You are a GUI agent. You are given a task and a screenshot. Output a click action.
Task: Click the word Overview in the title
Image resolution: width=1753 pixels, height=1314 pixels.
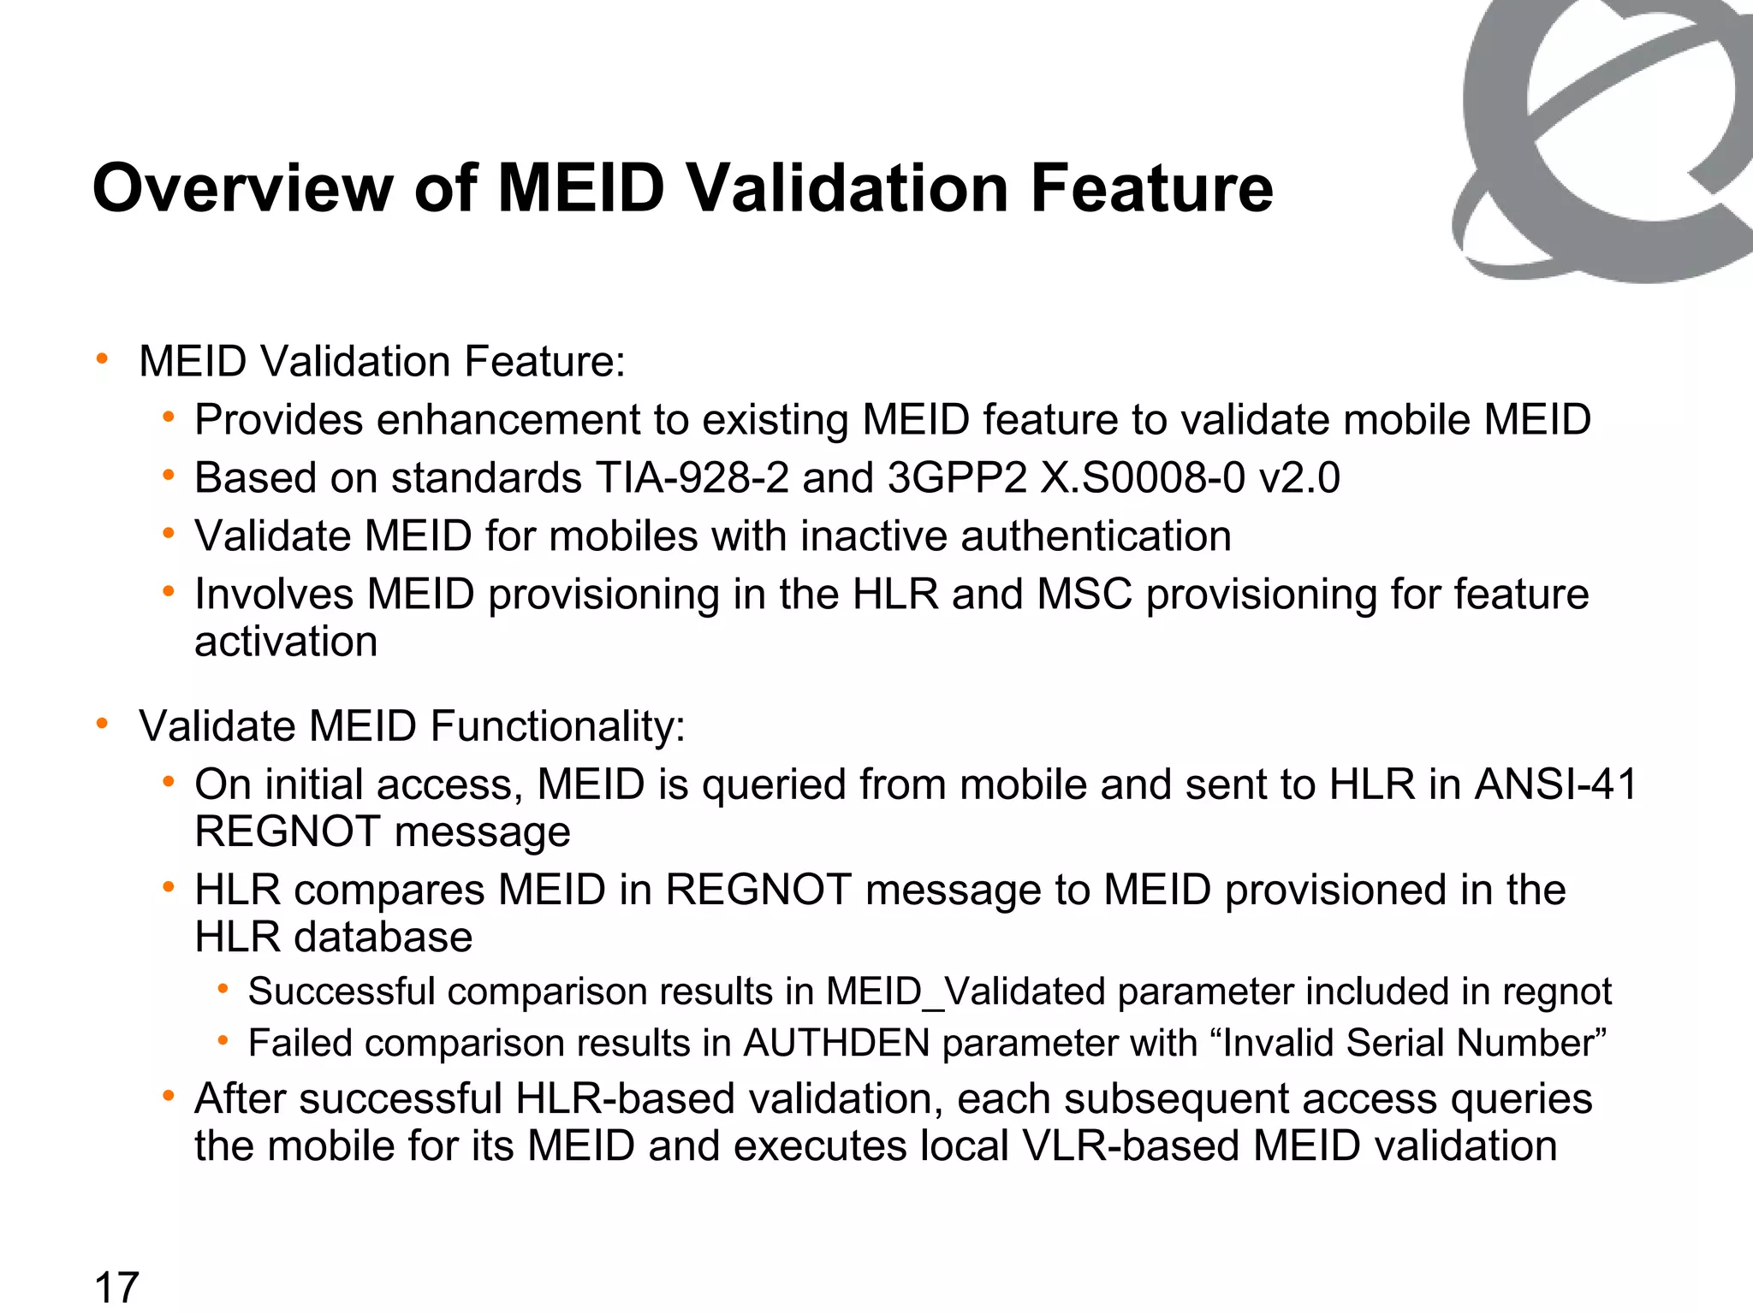click(x=241, y=188)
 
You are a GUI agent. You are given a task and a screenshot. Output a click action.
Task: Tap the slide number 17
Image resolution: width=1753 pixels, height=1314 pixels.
click(x=116, y=1287)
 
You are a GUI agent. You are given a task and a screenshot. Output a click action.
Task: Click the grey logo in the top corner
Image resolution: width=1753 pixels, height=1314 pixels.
click(x=1601, y=137)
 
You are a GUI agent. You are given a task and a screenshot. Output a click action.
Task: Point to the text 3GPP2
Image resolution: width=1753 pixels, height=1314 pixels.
click(x=957, y=477)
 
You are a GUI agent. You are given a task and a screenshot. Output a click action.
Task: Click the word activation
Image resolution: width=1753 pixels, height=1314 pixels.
click(x=286, y=642)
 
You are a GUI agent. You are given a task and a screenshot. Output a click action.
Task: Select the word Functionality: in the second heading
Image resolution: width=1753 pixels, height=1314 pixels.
click(x=557, y=726)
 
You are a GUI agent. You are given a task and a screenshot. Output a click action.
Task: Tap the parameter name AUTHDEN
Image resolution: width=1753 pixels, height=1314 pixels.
click(x=835, y=1043)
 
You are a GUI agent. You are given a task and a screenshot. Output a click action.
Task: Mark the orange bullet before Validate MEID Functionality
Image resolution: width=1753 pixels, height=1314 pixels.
click(x=103, y=725)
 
